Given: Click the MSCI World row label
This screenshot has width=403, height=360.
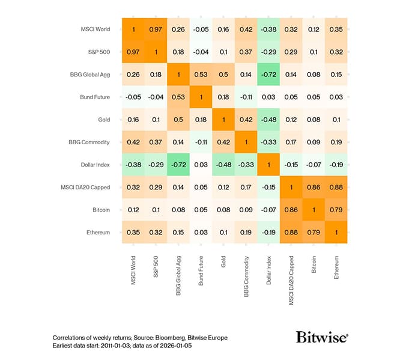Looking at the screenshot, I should [95, 29].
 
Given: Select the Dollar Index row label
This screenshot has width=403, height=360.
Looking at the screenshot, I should [94, 164].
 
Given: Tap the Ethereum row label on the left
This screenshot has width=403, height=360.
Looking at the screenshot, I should [97, 232].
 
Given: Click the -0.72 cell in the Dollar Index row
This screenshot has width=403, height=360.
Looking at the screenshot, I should [178, 164].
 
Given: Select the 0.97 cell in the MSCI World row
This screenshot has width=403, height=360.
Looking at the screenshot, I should [155, 29].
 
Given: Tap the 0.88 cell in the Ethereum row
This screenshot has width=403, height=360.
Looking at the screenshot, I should [291, 232].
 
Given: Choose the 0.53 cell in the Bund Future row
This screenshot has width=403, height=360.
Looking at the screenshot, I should [178, 97].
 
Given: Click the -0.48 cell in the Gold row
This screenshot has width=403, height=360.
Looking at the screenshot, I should [268, 119].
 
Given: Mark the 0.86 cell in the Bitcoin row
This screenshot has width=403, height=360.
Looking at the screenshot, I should [291, 210].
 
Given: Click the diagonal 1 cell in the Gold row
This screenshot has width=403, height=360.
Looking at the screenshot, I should [223, 119].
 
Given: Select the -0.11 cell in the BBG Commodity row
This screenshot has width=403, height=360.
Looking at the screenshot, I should [201, 142].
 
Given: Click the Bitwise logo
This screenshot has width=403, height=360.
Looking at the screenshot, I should [321, 337].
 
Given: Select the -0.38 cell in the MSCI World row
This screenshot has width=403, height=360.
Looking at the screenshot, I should [268, 29].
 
